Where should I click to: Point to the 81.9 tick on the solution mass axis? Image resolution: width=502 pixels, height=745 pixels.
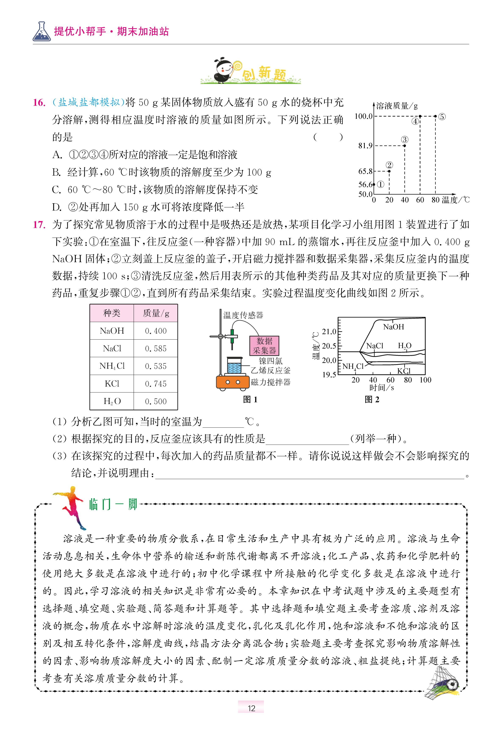pos(365,146)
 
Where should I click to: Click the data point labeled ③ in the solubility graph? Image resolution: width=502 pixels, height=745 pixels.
pos(405,146)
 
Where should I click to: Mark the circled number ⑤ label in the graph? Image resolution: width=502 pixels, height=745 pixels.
pos(442,117)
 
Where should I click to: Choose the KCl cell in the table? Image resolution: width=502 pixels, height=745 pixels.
pos(112,384)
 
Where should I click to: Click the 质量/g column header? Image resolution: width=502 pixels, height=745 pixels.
pos(156,313)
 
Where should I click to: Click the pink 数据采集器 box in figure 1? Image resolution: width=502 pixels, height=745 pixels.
pos(265,346)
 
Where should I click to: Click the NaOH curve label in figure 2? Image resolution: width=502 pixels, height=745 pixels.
pos(394,327)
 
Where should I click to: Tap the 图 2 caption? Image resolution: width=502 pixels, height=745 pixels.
pos(372,399)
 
